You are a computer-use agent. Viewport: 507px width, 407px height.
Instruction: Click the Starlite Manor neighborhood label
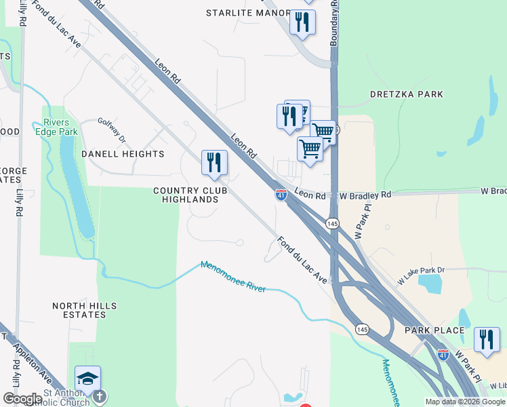coord(247,12)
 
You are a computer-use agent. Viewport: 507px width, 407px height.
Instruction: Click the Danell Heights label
coord(123,154)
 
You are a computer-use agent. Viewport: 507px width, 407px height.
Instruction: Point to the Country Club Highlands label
coord(190,195)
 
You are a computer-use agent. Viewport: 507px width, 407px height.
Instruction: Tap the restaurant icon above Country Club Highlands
coord(214,163)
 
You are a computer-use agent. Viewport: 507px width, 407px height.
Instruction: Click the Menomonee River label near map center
coord(232,276)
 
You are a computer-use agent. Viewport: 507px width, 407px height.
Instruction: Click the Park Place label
coord(434,330)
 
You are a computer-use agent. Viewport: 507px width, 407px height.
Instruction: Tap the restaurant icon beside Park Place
coord(486,339)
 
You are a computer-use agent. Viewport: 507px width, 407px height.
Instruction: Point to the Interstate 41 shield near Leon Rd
coord(281,195)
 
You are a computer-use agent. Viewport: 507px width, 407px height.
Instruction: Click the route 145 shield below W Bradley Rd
coord(331,223)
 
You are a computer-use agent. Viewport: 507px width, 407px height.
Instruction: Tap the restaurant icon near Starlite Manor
coord(302,22)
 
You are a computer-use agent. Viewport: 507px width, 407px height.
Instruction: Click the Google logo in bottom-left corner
coord(22,399)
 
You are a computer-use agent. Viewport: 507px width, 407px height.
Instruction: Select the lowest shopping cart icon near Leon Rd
coord(310,149)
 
